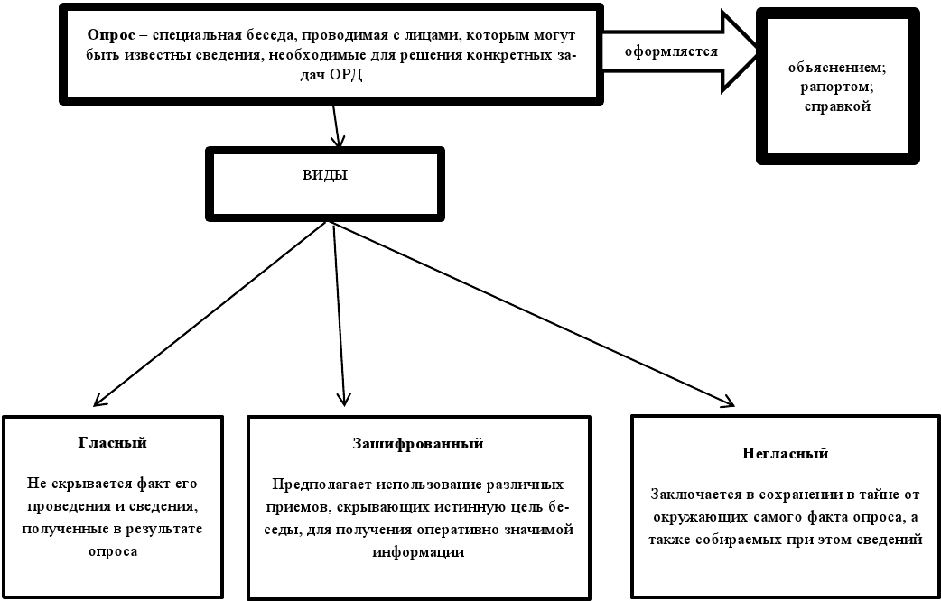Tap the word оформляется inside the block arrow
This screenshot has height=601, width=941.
[x=671, y=51]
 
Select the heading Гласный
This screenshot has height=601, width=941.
[x=113, y=443]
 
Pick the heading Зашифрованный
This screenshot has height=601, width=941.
[x=417, y=444]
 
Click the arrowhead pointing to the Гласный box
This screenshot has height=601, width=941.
[x=98, y=403]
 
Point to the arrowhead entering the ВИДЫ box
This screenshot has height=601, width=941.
[x=339, y=142]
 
